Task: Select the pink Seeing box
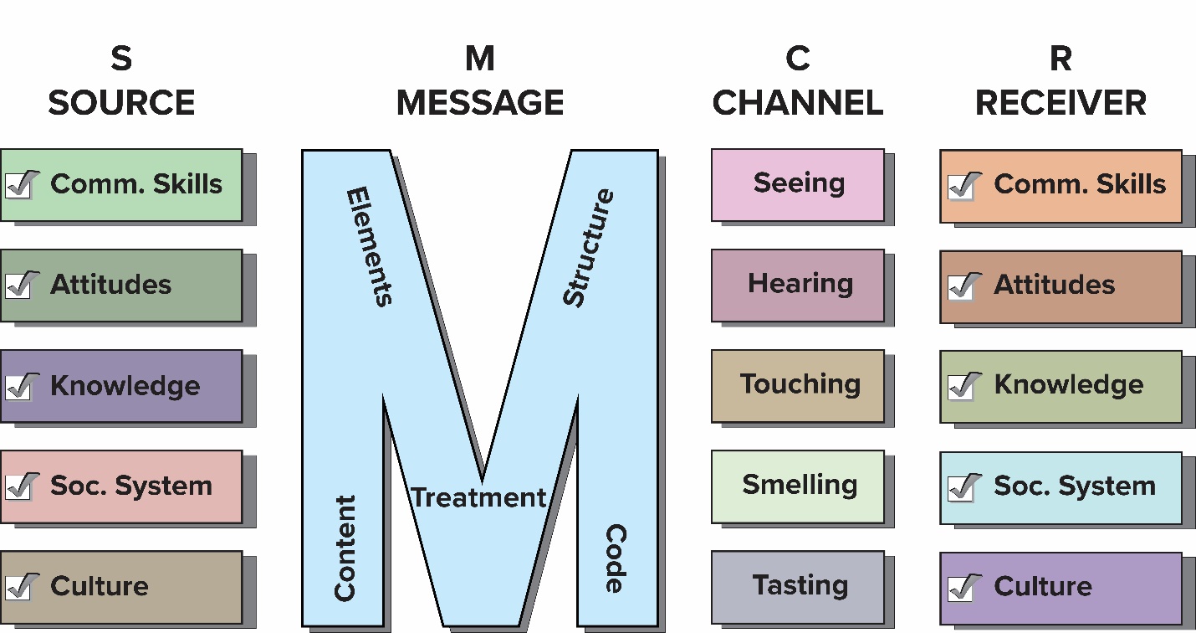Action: tap(798, 185)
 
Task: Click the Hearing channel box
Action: tap(798, 285)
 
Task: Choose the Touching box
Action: tap(798, 385)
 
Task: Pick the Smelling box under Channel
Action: tap(798, 486)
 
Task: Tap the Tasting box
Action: tap(798, 586)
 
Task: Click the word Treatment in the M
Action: tap(478, 497)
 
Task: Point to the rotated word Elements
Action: tap(369, 246)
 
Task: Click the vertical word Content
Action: tap(345, 548)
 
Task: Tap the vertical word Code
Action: tap(616, 558)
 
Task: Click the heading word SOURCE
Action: tap(121, 103)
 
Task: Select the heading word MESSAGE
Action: tap(480, 103)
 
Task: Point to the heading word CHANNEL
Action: tap(798, 103)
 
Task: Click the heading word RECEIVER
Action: tap(1061, 103)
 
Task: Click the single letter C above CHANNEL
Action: tap(798, 59)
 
